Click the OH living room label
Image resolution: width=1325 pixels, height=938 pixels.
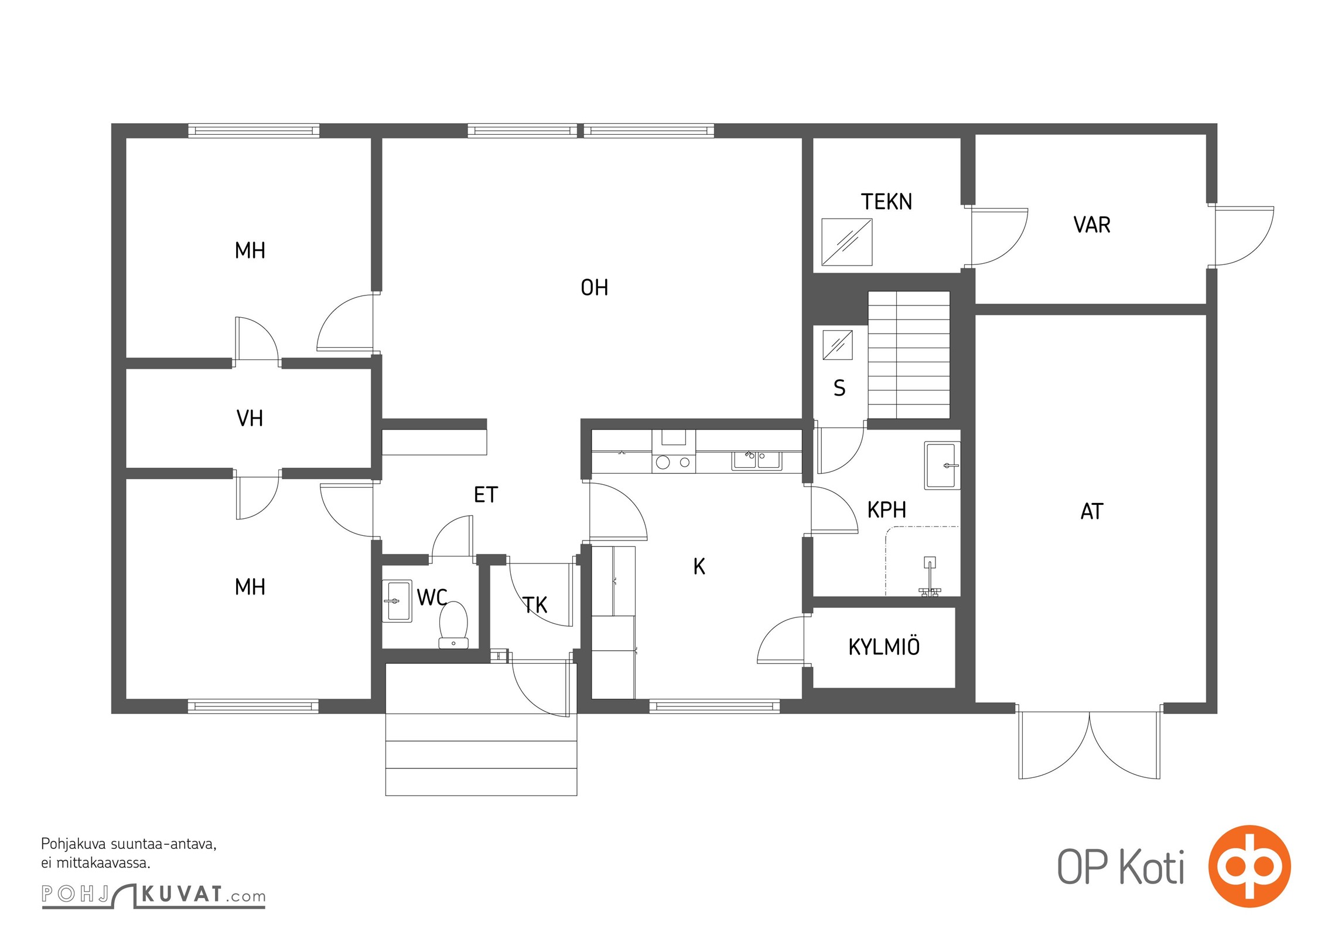click(x=594, y=288)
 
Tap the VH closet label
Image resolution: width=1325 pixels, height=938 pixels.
click(x=250, y=419)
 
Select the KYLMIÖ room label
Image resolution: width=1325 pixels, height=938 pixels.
click(x=884, y=646)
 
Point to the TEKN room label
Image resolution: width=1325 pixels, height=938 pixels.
click(x=886, y=202)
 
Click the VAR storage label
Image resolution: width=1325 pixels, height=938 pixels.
click(x=1092, y=225)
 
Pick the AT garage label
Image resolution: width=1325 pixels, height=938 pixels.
click(x=1092, y=512)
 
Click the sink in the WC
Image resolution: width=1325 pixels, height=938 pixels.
click(x=397, y=601)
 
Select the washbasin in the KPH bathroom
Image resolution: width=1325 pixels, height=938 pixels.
click(x=942, y=465)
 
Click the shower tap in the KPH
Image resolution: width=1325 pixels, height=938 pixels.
click(x=930, y=577)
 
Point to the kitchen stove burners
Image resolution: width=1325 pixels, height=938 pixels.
click(x=674, y=463)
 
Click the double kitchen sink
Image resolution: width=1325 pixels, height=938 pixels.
click(x=756, y=460)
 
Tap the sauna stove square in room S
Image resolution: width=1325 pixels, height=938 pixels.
click(x=838, y=345)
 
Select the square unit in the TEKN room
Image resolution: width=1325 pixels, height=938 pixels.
click(x=847, y=242)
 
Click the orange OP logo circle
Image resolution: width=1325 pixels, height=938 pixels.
click(x=1249, y=866)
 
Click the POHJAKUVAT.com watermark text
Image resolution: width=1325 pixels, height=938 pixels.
click(x=153, y=895)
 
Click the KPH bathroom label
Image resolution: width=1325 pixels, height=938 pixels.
click(x=887, y=510)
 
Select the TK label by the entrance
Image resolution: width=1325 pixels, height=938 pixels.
click(x=535, y=605)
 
